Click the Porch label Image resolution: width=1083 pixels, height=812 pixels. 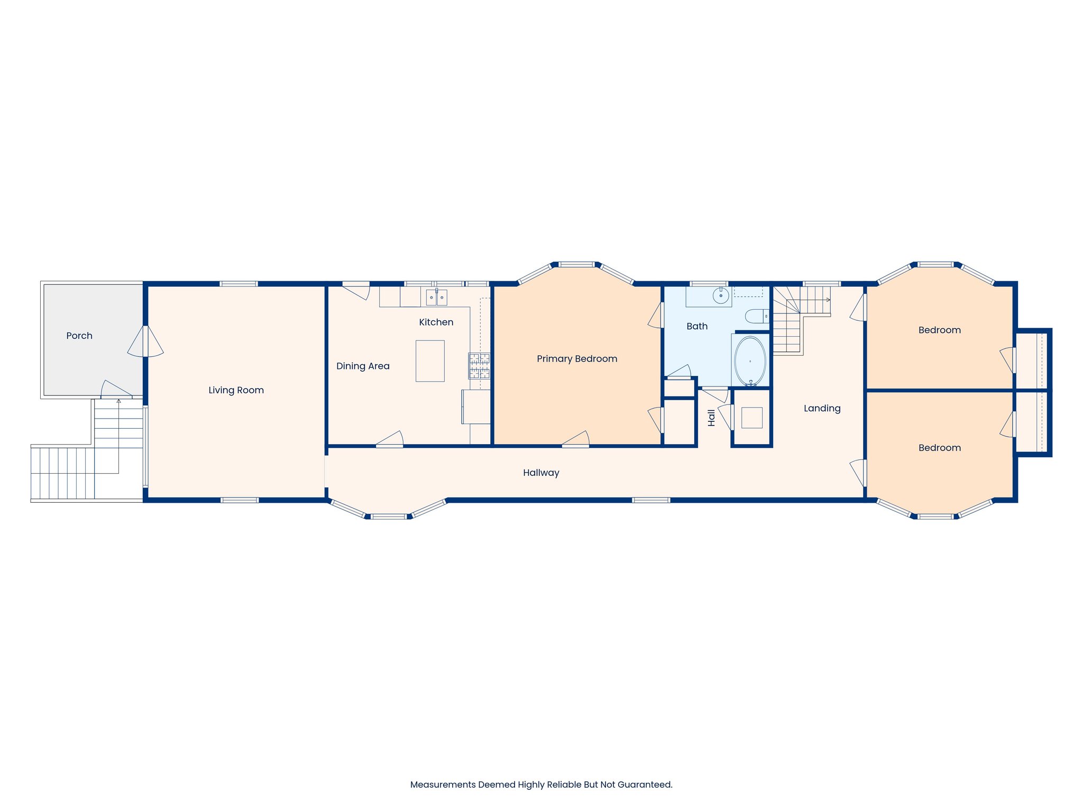coord(79,336)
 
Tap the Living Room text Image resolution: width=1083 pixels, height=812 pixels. coord(236,390)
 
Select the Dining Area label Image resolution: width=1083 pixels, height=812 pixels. coord(363,366)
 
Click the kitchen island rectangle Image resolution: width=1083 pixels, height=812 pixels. coord(430,361)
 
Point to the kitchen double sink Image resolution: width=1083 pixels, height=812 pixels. coord(437,298)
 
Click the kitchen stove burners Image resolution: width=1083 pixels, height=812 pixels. coord(479,366)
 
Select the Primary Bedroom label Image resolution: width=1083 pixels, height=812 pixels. coord(577,359)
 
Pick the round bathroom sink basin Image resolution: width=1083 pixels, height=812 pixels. coord(721,296)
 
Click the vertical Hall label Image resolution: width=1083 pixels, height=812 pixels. coord(711,418)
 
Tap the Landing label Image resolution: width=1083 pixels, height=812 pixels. coord(822,408)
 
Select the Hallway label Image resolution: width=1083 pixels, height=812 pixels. coord(541,473)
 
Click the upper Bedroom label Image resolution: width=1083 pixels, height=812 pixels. coord(939,330)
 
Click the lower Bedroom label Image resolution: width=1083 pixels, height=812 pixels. coord(939,448)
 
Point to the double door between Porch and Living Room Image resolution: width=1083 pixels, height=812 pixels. coord(145,341)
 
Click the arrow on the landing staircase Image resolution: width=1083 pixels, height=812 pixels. coord(828,300)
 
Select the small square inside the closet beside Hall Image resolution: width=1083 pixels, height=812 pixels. coord(751,418)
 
